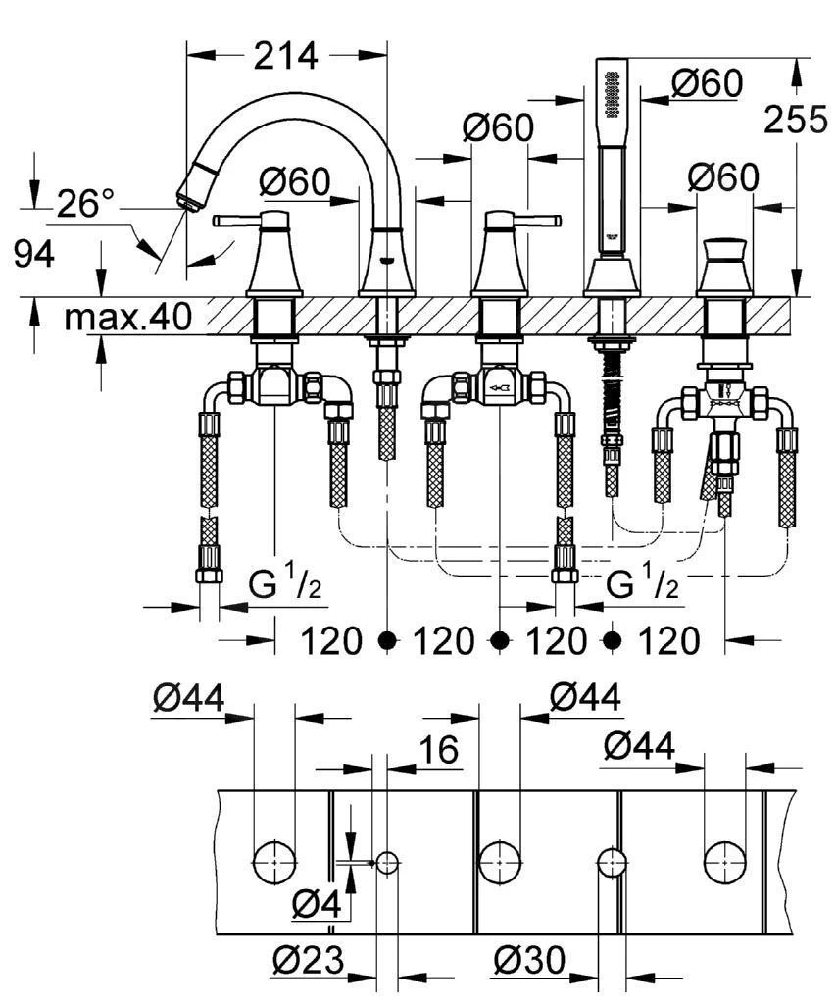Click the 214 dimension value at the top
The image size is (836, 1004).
(x=286, y=56)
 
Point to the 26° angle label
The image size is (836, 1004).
(x=85, y=204)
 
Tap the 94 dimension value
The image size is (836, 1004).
(x=34, y=254)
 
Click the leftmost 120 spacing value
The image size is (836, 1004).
(x=333, y=641)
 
